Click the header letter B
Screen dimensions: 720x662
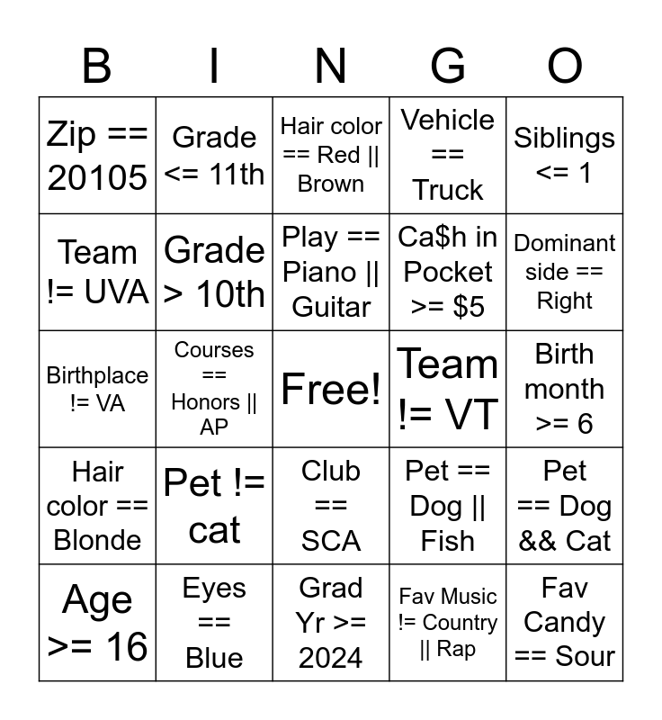point(97,67)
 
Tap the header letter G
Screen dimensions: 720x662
point(447,67)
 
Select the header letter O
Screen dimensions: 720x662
point(565,67)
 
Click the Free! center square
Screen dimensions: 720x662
point(331,389)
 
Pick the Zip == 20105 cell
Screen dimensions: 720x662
point(97,156)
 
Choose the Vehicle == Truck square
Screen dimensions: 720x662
point(448,156)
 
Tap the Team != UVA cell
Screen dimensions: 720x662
point(97,272)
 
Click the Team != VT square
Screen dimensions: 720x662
point(448,389)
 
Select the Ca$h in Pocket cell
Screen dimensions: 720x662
point(448,272)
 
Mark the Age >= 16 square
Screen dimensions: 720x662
point(97,623)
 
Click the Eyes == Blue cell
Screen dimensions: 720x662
point(214,623)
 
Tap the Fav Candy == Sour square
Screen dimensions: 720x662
point(565,623)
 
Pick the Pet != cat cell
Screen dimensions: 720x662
point(214,506)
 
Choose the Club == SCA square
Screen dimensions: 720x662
point(331,506)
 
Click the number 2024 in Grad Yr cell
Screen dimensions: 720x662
point(331,658)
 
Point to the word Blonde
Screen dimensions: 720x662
point(97,540)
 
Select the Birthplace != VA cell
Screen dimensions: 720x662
point(97,389)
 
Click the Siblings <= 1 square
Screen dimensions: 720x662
point(565,156)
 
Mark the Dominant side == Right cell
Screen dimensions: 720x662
point(565,272)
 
